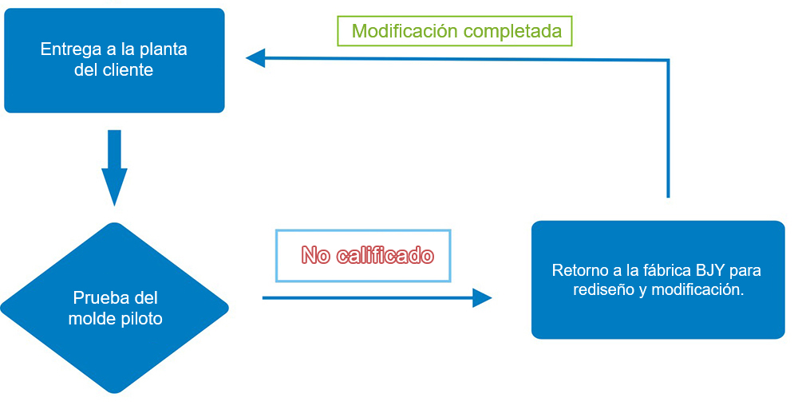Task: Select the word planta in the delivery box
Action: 163,49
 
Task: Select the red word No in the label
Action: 316,255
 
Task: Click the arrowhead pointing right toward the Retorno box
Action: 481,298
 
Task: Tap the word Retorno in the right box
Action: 579,270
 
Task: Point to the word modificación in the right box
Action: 697,290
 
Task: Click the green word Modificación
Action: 405,31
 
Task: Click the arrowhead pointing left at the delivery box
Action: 255,57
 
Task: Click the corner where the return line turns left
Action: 667,61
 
